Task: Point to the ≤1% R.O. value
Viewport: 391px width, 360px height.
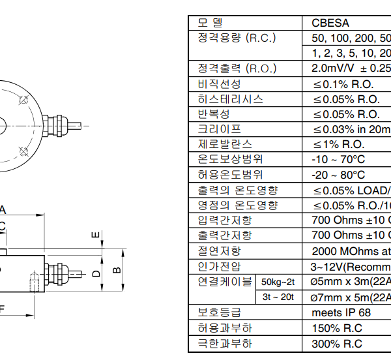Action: click(338, 144)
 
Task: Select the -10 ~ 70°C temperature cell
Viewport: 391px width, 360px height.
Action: click(338, 160)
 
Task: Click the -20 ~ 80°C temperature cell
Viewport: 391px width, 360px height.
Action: click(338, 175)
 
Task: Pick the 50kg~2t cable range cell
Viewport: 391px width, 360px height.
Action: click(278, 282)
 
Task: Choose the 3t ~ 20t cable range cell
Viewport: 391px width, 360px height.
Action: click(278, 297)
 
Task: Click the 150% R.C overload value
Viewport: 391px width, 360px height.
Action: click(336, 328)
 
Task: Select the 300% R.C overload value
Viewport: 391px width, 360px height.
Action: click(336, 344)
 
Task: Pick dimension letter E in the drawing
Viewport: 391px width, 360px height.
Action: click(94, 235)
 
